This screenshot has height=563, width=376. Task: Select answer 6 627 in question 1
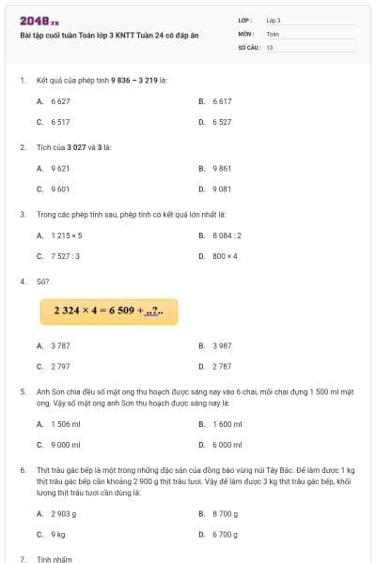coord(60,100)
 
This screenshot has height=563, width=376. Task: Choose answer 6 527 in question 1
coord(222,122)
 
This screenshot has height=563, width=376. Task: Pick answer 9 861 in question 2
coord(222,168)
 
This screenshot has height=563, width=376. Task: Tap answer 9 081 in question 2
coord(222,189)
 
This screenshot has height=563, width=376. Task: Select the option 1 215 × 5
coord(67,235)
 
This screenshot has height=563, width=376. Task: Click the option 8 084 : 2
coord(227,235)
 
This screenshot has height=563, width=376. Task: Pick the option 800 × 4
coord(226,255)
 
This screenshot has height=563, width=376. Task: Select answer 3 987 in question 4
coord(222,345)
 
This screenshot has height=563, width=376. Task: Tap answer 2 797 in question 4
coord(60,366)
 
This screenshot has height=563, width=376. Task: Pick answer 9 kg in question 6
coord(58,534)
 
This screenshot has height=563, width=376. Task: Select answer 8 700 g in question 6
coord(226,513)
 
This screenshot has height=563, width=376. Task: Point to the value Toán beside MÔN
coord(273,33)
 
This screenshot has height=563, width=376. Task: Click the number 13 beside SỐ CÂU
coord(270,46)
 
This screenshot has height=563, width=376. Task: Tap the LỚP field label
coord(244,20)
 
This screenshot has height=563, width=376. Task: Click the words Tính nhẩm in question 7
coord(55,558)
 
